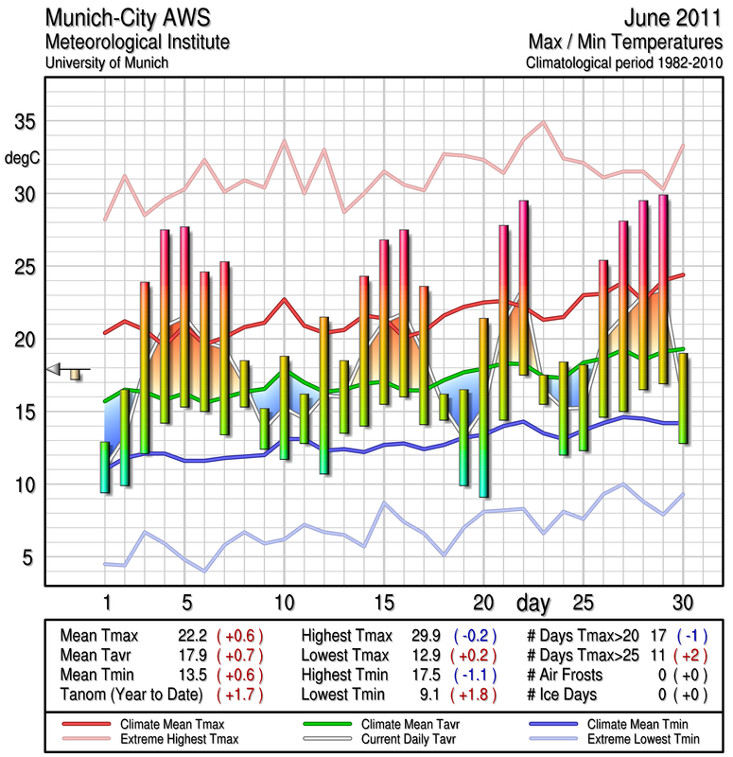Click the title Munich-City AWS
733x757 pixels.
[129, 19]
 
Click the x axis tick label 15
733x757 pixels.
[384, 603]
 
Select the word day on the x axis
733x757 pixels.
[535, 603]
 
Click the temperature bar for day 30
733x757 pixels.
[683, 397]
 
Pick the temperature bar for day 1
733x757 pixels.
[105, 467]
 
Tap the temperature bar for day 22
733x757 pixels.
[523, 287]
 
